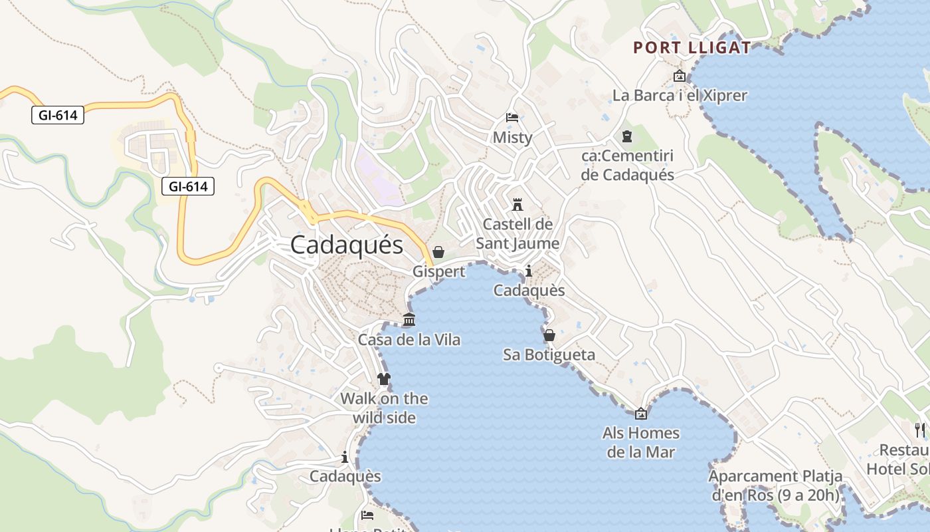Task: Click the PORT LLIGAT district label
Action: coord(692,48)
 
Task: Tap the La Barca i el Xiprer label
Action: coord(680,96)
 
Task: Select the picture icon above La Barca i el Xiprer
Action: coord(679,76)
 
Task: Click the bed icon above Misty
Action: coord(512,118)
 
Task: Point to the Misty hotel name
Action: coord(512,138)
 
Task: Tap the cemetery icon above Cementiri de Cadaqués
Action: coord(626,136)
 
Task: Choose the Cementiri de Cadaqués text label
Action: coord(628,166)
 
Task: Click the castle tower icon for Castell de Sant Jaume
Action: coord(517,204)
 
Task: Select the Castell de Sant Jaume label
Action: coord(517,234)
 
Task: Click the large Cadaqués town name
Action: coord(347,245)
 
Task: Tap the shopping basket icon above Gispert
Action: coord(438,252)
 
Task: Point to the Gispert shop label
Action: coord(438,272)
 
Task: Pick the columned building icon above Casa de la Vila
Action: coord(409,320)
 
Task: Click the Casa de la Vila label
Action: coord(409,340)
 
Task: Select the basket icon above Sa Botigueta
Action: coord(549,335)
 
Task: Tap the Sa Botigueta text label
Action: coord(549,355)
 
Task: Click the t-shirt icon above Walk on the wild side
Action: coord(384,379)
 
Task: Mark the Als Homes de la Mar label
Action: coord(641,443)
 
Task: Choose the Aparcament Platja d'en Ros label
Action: coord(775,485)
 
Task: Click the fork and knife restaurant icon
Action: coord(919,430)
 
